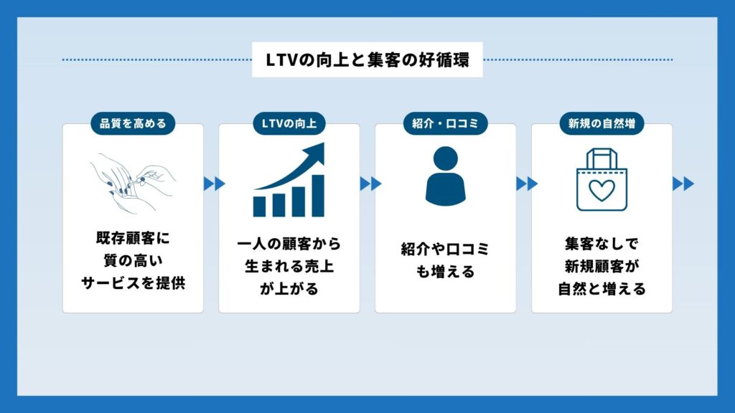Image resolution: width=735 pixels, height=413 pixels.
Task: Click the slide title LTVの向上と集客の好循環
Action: tap(367, 60)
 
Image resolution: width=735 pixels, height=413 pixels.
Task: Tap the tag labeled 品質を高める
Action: tap(133, 123)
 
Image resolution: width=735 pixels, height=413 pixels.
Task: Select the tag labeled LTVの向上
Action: tap(289, 123)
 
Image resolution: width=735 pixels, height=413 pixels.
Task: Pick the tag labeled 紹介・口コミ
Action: tap(445, 123)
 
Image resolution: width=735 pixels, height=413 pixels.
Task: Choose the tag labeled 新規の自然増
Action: tap(601, 123)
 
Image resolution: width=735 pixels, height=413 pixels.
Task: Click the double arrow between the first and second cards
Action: tap(211, 184)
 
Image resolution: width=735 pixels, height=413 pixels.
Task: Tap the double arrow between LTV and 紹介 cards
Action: tap(367, 184)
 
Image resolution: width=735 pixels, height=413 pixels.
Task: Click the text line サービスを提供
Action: tap(133, 283)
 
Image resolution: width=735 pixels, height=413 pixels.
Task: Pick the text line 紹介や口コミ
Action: tap(445, 250)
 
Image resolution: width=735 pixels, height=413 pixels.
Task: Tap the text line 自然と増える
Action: tap(601, 290)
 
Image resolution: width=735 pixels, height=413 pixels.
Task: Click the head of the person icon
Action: tap(445, 157)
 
